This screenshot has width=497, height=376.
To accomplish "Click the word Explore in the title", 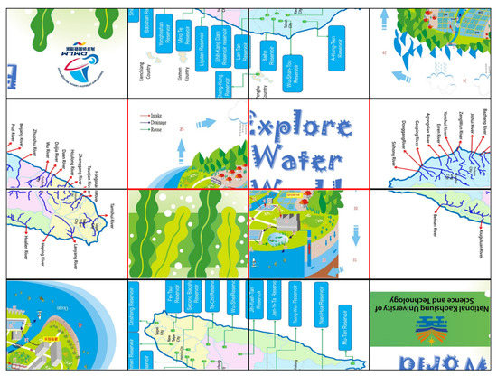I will click(x=313, y=124).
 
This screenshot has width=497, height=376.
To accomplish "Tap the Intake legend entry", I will click(x=162, y=116).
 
